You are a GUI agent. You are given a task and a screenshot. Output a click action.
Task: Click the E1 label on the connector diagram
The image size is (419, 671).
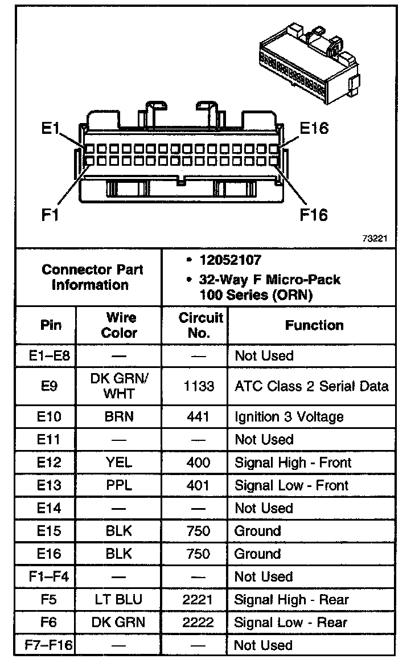click(51, 129)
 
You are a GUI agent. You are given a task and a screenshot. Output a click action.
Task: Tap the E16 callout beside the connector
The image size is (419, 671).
click(314, 128)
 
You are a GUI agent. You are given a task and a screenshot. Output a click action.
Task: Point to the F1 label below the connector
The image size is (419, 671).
click(51, 215)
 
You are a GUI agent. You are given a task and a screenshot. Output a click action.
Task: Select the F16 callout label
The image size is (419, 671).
click(314, 215)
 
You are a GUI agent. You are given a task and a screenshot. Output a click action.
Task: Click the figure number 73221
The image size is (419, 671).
click(375, 239)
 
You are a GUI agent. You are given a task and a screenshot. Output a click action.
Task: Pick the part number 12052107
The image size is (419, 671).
click(230, 260)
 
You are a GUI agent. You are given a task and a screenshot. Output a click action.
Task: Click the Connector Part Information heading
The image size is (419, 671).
click(92, 277)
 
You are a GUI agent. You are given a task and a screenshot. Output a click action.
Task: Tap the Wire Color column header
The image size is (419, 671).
click(120, 325)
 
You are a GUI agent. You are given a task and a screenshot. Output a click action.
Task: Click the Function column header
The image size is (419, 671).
click(314, 325)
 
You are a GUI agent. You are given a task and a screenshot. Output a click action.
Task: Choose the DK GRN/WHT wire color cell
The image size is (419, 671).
click(120, 386)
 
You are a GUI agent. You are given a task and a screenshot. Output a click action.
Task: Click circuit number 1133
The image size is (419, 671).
click(199, 386)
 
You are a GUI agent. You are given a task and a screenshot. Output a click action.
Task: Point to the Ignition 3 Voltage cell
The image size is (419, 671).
click(289, 417)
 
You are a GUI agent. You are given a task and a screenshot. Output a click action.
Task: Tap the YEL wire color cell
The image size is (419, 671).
click(119, 463)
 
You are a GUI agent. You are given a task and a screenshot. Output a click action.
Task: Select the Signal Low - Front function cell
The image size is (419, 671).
click(291, 485)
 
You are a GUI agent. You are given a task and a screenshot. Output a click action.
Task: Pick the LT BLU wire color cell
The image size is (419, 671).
click(119, 599)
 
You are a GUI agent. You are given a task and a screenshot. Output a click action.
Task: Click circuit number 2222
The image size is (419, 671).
click(199, 623)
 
